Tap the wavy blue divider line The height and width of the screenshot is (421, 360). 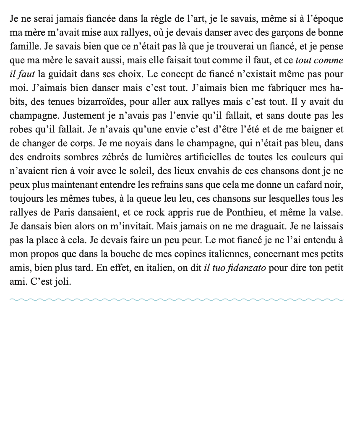[176, 300]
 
